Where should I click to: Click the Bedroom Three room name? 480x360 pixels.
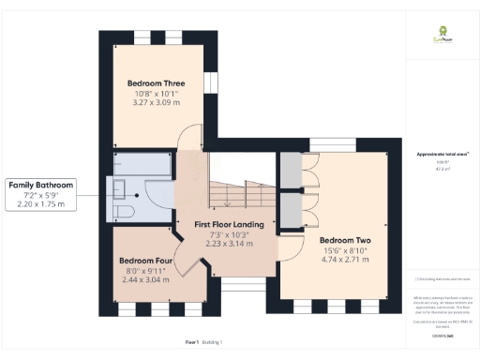click(156, 83)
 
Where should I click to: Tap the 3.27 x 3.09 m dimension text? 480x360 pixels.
click(156, 104)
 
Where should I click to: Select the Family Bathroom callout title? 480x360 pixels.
click(40, 185)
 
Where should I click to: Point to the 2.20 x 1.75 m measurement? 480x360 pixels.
click(40, 203)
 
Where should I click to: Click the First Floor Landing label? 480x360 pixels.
click(228, 226)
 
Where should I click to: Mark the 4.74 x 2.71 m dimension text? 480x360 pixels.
click(345, 261)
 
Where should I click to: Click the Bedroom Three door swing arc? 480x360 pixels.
click(189, 139)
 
